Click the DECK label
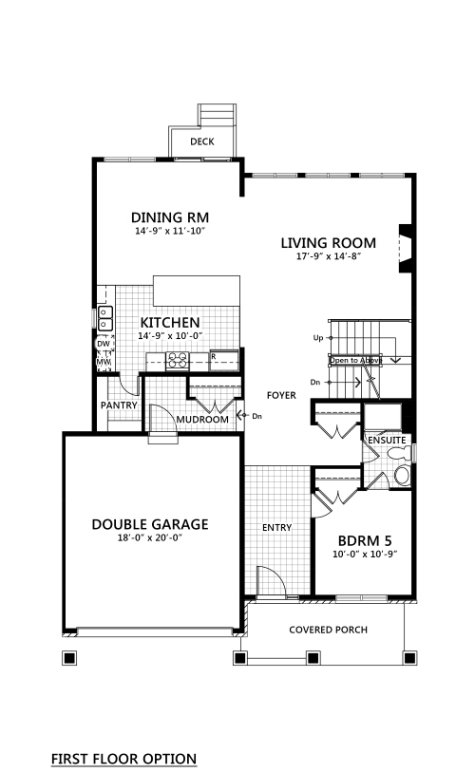[202, 141]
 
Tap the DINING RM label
[169, 217]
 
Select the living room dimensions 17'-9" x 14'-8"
[329, 256]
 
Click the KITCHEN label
[170, 323]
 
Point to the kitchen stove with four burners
[178, 361]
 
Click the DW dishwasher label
[103, 344]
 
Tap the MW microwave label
[103, 363]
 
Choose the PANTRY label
[119, 405]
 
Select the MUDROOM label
[202, 420]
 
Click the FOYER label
[281, 395]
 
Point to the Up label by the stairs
[318, 338]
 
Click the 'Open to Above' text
[355, 361]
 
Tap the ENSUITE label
[388, 441]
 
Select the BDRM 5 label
[365, 541]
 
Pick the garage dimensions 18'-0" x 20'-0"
[150, 537]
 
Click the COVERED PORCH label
[328, 630]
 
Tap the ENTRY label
[276, 528]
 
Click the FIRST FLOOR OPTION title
[123, 759]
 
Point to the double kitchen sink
[105, 318]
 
